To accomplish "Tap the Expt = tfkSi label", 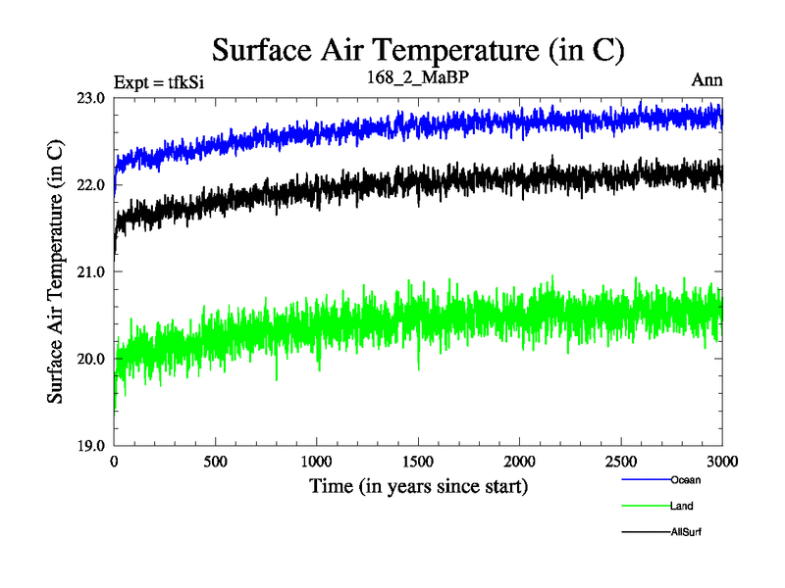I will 159,81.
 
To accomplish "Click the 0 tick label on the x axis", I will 115,462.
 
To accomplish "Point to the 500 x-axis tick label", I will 216,462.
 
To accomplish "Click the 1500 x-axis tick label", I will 419,462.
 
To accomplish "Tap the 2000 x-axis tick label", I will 520,462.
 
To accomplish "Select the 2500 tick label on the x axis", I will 621,462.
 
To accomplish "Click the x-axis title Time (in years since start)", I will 419,486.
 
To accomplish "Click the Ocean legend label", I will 686,480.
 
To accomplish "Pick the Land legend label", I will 682,506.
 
